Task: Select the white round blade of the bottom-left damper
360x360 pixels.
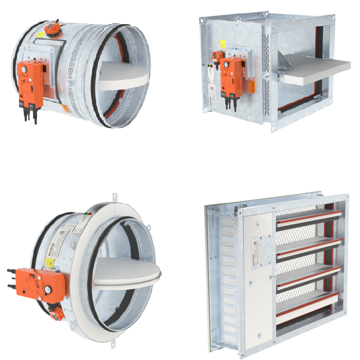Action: (x=127, y=269)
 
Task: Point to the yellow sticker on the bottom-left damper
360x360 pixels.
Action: (x=51, y=262)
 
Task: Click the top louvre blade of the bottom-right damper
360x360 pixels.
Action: (x=309, y=218)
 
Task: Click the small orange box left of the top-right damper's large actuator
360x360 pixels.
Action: (x=218, y=57)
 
